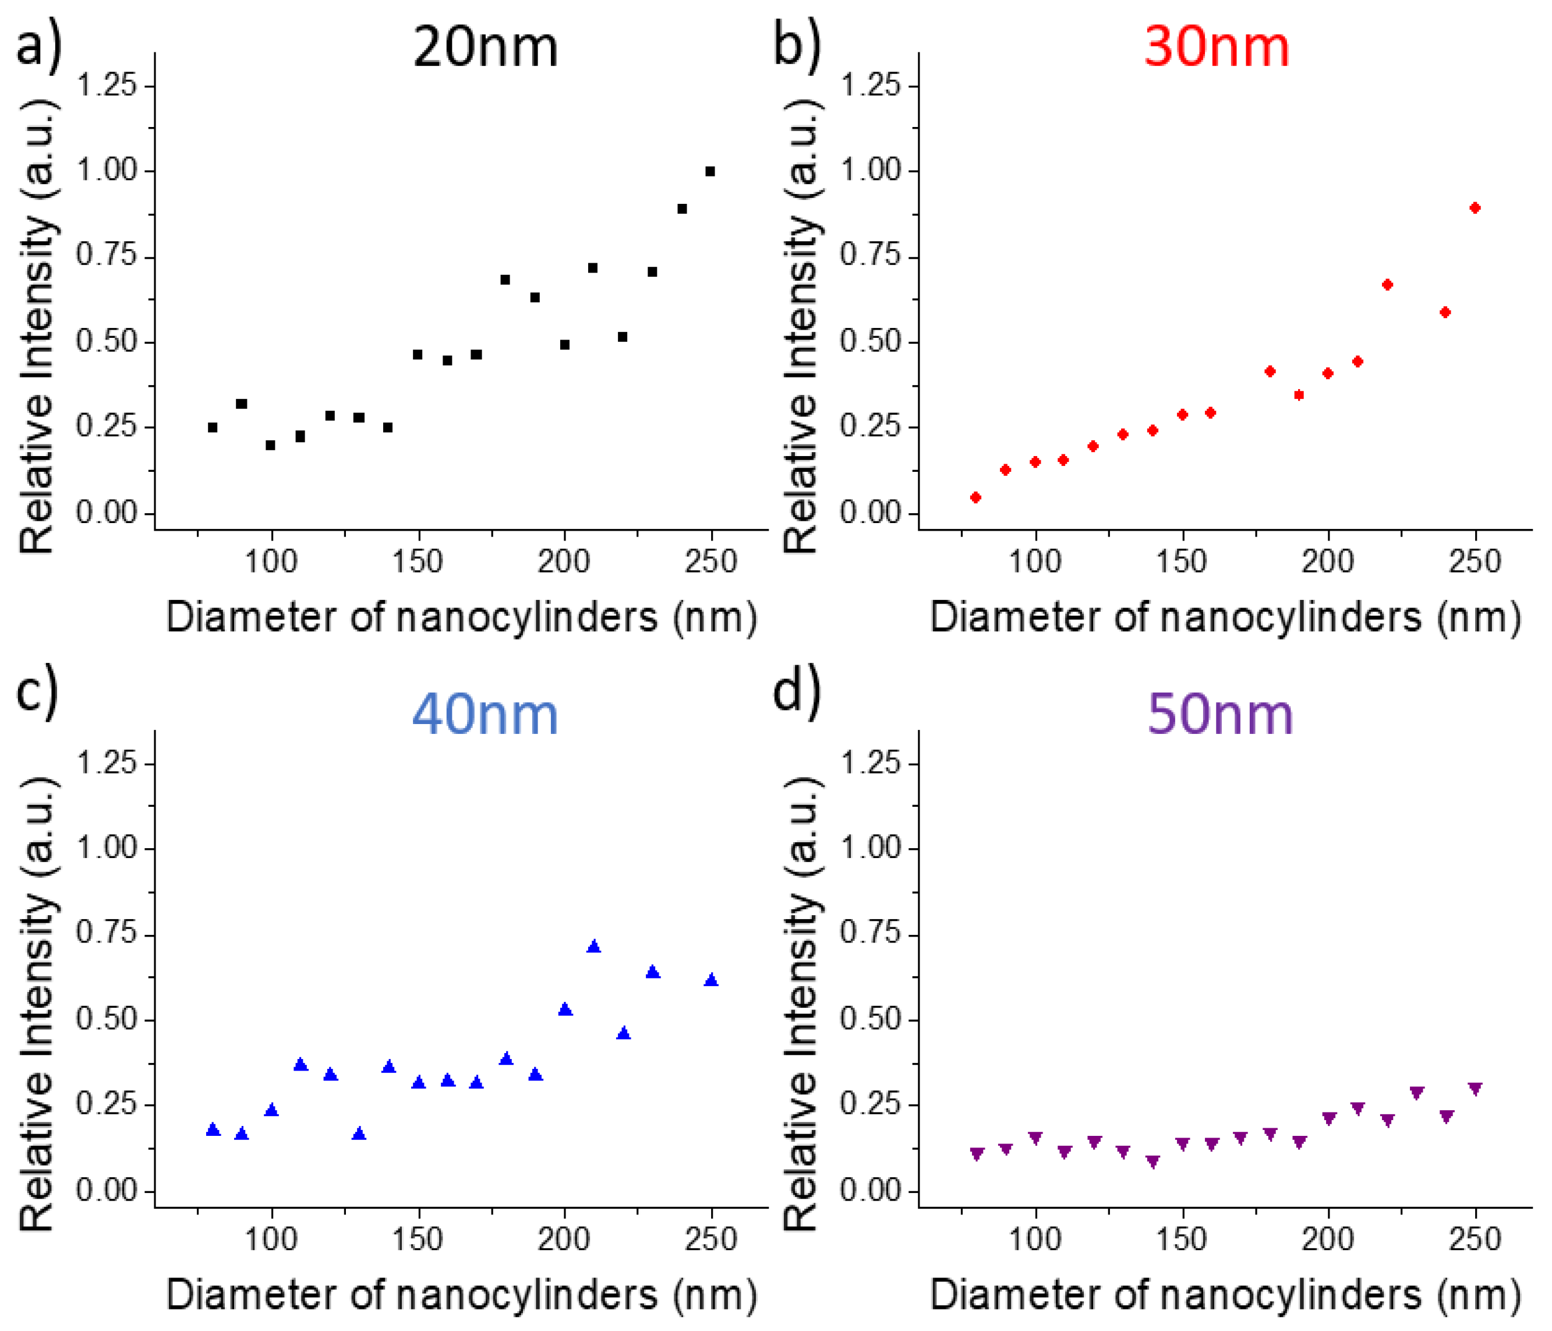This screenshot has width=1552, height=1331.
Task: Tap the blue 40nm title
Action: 485,715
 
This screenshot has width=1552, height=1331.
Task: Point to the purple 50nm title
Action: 1220,715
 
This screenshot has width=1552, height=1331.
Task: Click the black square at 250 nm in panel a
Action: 710,171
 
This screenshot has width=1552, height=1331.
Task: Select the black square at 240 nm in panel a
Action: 681,209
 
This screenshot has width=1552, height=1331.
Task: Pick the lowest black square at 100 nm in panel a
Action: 270,446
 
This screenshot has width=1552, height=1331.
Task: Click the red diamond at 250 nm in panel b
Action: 1475,208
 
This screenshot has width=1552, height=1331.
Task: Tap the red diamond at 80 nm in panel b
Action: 975,497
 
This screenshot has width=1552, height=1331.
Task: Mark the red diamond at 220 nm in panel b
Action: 1387,285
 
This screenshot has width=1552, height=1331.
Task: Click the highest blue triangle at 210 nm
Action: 594,947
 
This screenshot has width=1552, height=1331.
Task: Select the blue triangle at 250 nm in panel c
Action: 711,980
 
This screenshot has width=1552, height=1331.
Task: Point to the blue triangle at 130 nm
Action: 359,1134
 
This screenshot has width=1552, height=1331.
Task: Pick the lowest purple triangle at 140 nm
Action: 1152,1161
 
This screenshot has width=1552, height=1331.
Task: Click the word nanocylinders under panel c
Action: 526,1294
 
